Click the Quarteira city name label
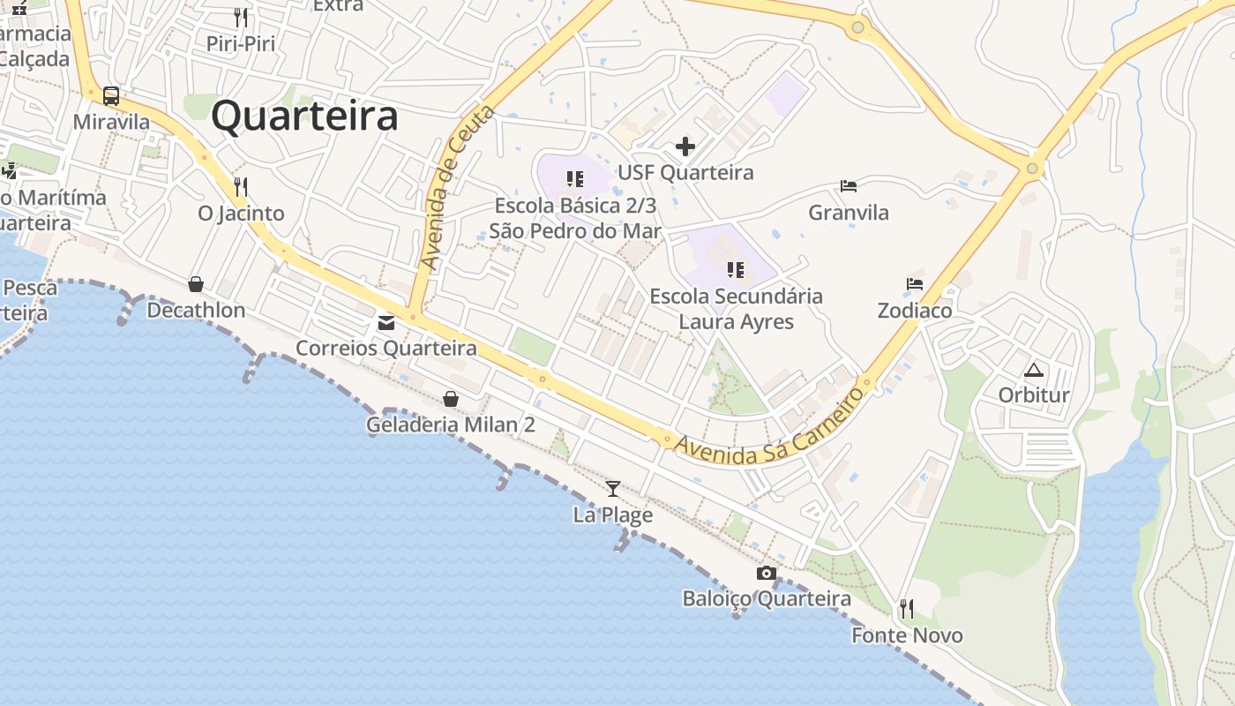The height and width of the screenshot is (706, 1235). pos(304,116)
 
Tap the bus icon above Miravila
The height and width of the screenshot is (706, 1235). pos(111,95)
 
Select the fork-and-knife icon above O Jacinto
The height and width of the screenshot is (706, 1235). pos(241,186)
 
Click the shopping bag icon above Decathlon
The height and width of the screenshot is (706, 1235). pos(196,283)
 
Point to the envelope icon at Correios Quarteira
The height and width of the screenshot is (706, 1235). pos(386,322)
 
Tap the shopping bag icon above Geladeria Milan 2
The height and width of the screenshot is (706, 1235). pos(451,399)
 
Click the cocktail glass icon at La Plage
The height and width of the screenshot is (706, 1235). pos(613,488)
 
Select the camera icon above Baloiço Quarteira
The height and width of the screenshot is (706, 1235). pos(767,573)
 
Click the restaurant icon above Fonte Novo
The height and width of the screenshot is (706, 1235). pos(906,608)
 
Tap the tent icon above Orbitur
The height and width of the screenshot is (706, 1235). pos(1034,369)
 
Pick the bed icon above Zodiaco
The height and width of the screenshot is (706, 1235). pos(915,284)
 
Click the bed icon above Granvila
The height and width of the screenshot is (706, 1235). pos(849,185)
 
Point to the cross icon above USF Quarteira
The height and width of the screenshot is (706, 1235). pos(685,146)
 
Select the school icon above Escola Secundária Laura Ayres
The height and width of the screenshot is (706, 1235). pos(736,269)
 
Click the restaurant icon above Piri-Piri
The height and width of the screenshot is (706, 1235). pos(241,17)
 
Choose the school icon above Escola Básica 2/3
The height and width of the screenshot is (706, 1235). pos(575,179)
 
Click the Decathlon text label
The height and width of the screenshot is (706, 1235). pos(196,311)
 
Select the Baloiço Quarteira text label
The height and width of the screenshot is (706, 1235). pos(767,599)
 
